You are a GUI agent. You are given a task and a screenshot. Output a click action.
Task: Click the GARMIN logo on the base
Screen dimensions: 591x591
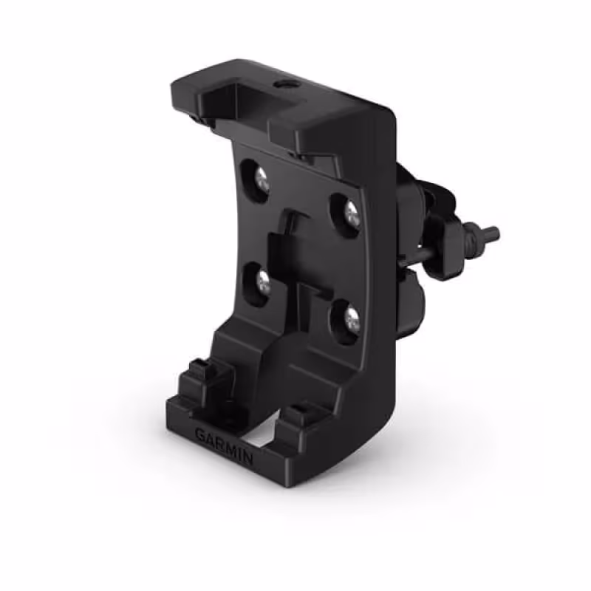224,446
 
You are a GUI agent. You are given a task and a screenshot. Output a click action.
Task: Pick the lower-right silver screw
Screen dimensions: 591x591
352,318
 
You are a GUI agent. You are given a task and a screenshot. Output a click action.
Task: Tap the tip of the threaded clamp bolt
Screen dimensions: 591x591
493,236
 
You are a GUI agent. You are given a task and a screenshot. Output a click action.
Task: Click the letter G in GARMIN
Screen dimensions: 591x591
200,434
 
